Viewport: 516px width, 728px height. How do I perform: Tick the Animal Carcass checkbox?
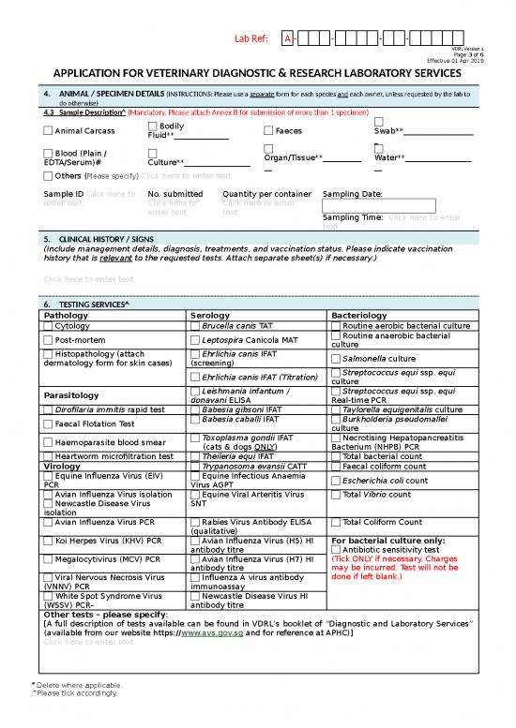[x=49, y=131]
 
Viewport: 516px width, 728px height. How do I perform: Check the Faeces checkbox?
[x=268, y=131]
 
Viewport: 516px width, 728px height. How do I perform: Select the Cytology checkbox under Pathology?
[x=49, y=325]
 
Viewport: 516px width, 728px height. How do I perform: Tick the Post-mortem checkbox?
[x=49, y=340]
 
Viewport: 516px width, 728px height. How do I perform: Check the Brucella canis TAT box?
[x=195, y=325]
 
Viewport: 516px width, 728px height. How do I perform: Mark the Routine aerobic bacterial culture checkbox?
[x=337, y=325]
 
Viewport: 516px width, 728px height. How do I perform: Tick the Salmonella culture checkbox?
[x=337, y=358]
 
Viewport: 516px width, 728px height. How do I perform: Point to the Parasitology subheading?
[x=71, y=394]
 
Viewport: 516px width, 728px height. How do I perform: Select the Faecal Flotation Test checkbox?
[x=49, y=423]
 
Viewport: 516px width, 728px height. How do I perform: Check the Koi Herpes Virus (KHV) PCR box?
[x=49, y=541]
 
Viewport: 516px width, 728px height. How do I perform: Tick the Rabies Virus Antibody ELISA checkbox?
[x=195, y=522]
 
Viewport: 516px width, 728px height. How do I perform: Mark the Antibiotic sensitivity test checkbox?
[x=337, y=550]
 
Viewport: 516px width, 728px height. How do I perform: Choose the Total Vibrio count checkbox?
[x=337, y=494]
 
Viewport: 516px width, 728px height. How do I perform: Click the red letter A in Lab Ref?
[x=287, y=38]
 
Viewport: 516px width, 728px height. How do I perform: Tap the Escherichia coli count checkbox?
[x=337, y=481]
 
